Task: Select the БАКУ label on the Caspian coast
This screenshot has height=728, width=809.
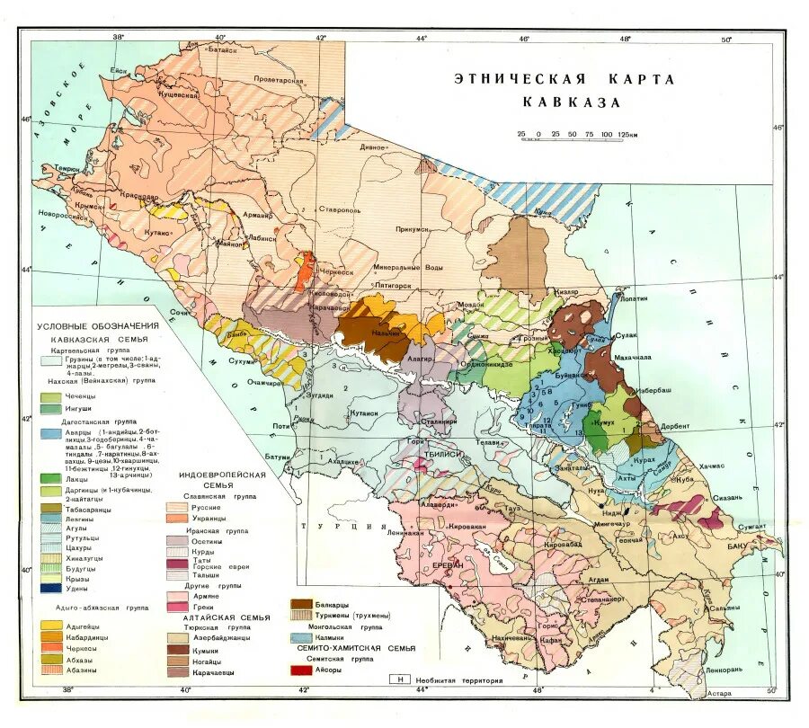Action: (739, 546)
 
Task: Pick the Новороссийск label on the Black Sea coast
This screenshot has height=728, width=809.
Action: (61, 215)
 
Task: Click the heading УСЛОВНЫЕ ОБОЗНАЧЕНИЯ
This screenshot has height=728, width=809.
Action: (97, 326)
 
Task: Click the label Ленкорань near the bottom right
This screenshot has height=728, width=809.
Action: (725, 670)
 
